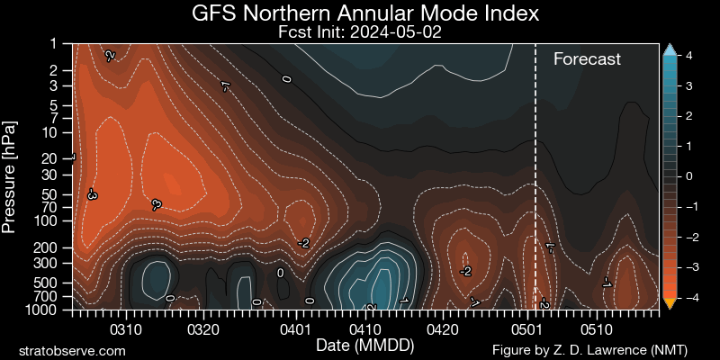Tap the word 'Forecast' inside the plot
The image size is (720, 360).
(x=587, y=59)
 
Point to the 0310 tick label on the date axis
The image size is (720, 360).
(x=126, y=329)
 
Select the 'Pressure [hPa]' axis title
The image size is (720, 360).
(x=11, y=175)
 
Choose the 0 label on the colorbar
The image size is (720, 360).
(x=688, y=176)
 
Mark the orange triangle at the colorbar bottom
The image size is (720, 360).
(x=670, y=302)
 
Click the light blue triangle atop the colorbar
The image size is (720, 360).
(x=670, y=50)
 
